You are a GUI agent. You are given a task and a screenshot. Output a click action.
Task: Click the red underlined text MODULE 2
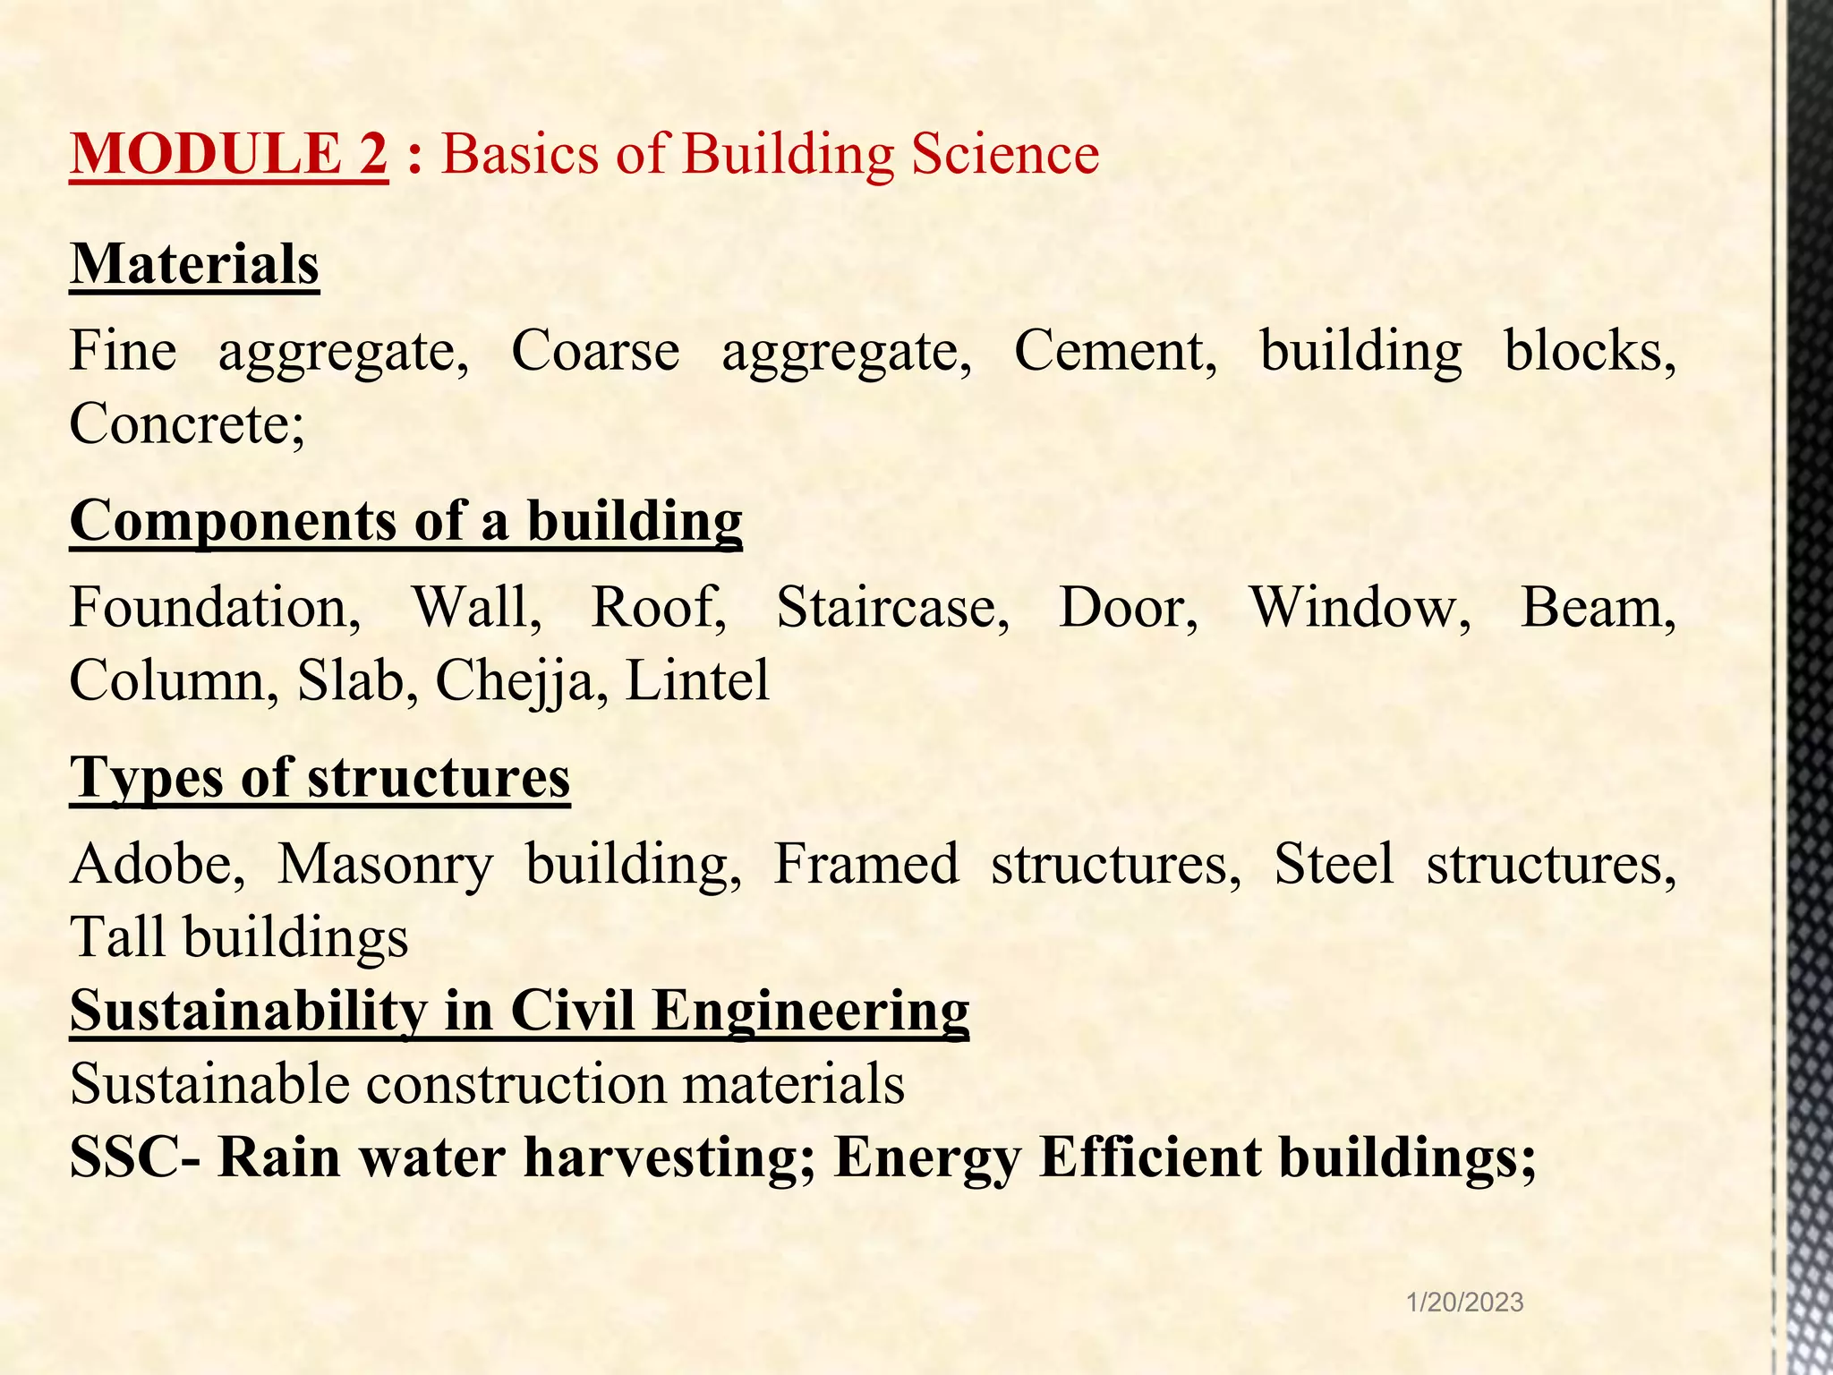[229, 154]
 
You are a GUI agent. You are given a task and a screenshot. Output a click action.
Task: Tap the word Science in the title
[1005, 154]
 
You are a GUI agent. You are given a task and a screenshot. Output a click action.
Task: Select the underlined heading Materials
[194, 265]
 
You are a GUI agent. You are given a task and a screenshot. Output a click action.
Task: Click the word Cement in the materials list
[1114, 350]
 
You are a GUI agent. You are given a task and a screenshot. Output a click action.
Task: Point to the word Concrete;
[187, 423]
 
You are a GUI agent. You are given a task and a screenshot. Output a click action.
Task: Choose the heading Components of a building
[405, 521]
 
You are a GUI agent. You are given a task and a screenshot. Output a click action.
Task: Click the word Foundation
[215, 607]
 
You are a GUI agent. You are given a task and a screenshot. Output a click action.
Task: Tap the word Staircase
[892, 607]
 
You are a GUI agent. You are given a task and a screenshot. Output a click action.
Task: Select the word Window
[1360, 607]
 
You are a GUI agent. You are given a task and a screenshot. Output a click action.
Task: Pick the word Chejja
[515, 680]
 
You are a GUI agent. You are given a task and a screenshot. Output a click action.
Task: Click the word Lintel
[697, 680]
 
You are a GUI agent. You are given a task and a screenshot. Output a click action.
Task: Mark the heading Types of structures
[320, 777]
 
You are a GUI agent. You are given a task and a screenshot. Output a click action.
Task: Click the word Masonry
[385, 866]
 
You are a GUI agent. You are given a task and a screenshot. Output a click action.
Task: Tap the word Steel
[1334, 864]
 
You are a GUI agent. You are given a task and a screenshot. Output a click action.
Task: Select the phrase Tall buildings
[239, 937]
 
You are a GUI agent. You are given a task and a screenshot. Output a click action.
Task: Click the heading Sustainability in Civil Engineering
[519, 1011]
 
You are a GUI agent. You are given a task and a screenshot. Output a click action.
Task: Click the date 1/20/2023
[1465, 1302]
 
